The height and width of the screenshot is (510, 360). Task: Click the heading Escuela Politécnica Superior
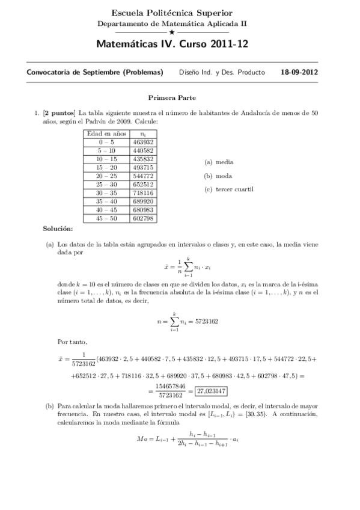[172, 13]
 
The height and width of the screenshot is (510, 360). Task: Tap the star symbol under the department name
[172, 31]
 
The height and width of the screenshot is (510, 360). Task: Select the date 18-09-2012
[299, 72]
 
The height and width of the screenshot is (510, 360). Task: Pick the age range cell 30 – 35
[105, 193]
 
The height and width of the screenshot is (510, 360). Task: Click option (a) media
[219, 162]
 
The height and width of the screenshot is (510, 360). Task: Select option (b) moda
[219, 176]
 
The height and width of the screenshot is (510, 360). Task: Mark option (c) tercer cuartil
[229, 189]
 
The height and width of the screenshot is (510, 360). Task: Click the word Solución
[58, 229]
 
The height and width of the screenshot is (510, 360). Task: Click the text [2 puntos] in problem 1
[59, 112]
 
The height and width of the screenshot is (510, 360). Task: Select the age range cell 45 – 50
[105, 219]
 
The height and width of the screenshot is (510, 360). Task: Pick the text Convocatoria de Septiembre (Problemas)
[95, 72]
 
